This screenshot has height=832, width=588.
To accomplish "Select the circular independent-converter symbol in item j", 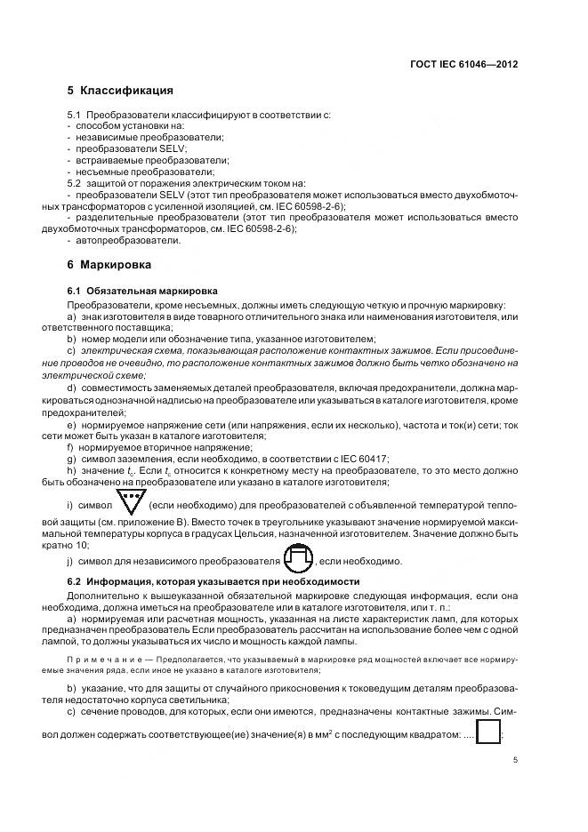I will [298, 558].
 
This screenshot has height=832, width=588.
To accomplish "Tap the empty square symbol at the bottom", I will [488, 732].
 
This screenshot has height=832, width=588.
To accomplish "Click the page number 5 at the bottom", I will [514, 761].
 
